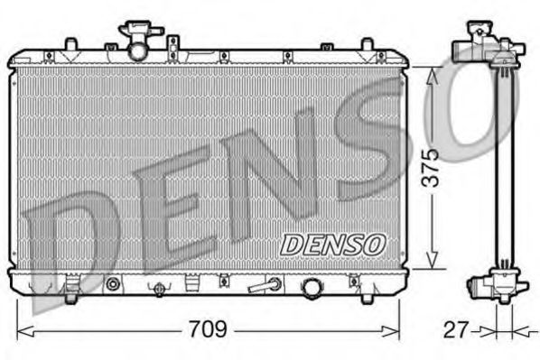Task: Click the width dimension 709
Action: click(x=208, y=329)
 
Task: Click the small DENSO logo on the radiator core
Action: click(x=334, y=244)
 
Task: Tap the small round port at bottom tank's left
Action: click(x=113, y=285)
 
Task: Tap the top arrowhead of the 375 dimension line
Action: click(x=434, y=73)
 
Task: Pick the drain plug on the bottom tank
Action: click(x=159, y=288)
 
